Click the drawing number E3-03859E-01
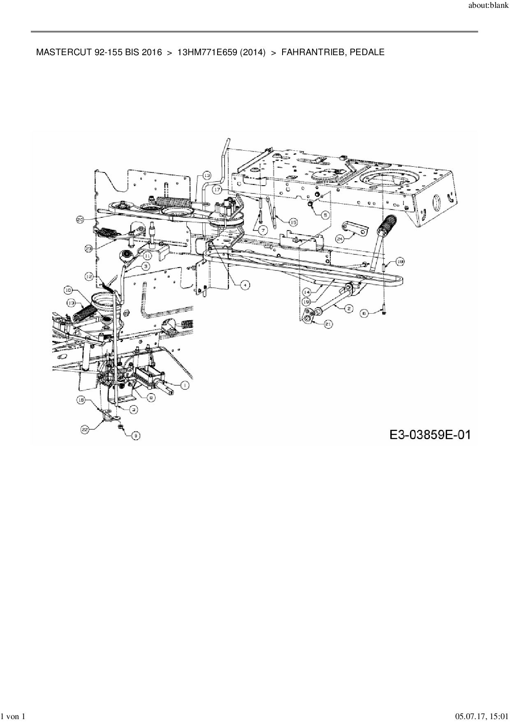(429, 435)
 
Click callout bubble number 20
(80, 220)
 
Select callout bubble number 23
(89, 248)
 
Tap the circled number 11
(147, 255)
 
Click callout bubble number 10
(68, 290)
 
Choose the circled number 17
(217, 190)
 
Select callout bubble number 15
(293, 222)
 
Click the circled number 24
(340, 238)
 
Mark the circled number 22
(85, 430)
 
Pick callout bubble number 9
(135, 435)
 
